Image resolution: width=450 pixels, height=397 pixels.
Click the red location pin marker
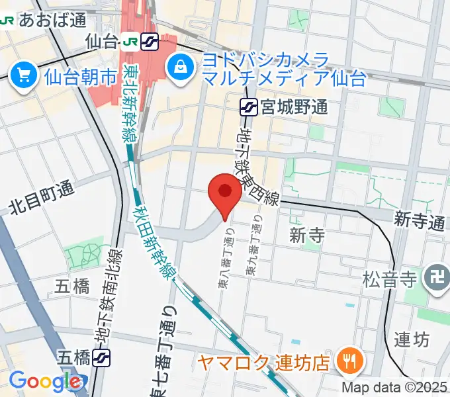(224, 193)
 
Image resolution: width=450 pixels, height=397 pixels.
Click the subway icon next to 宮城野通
(249, 107)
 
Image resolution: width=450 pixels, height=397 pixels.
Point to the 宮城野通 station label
(294, 107)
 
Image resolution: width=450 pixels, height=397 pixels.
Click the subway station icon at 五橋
(101, 359)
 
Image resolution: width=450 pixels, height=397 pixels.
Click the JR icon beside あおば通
(8, 20)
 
